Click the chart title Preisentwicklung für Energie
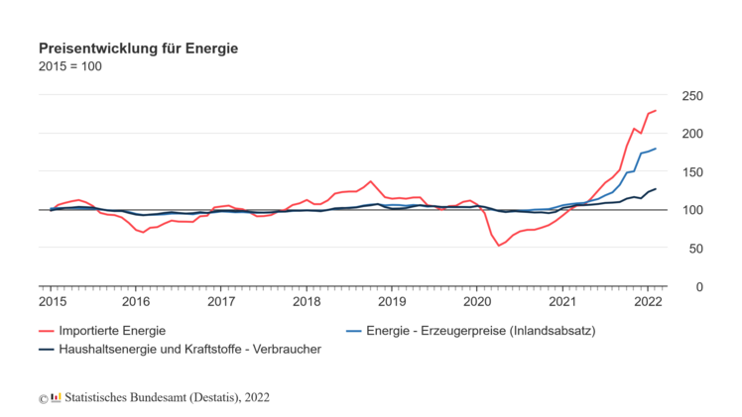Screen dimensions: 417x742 click(x=138, y=48)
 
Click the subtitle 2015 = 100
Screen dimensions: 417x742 click(x=69, y=66)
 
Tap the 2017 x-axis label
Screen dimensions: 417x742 click(x=221, y=301)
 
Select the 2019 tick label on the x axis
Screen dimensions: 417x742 click(x=392, y=301)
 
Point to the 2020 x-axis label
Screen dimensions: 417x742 click(x=477, y=301)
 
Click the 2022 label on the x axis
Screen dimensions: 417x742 click(x=648, y=301)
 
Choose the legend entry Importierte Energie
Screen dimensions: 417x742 click(x=112, y=330)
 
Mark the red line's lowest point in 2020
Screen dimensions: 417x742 click(x=499, y=246)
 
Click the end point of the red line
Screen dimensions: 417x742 click(x=656, y=111)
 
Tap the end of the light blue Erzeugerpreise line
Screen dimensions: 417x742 click(x=656, y=149)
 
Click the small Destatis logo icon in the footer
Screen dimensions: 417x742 click(x=56, y=398)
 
